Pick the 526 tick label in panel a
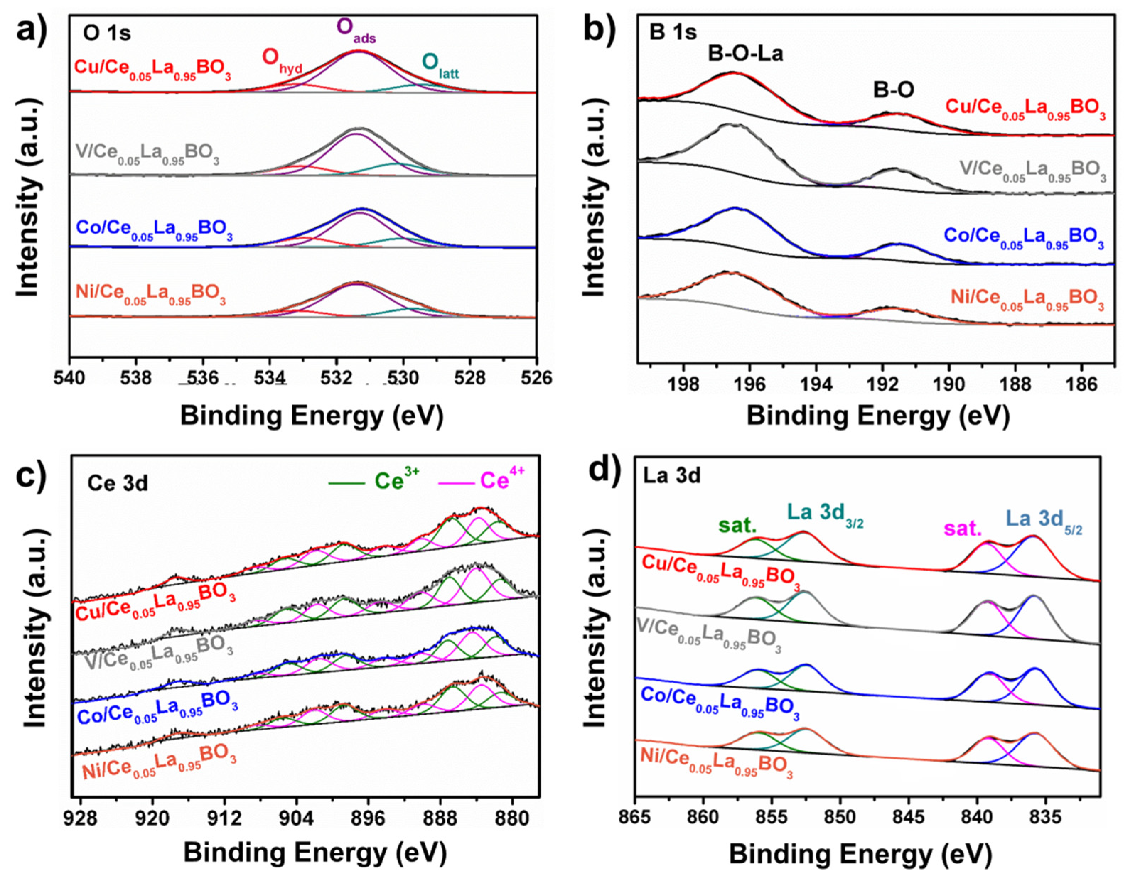point(536,378)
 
